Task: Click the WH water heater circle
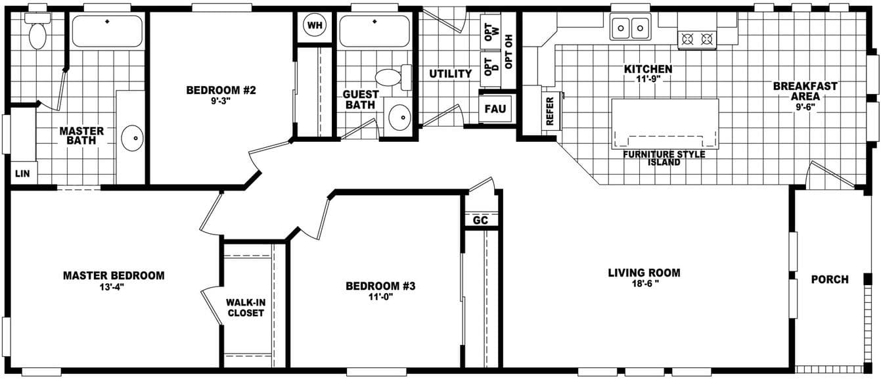coord(315,26)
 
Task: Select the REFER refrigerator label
coord(550,110)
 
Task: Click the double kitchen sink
coord(630,28)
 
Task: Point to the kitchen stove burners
coord(697,39)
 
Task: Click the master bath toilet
coord(37,33)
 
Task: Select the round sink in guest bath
coord(399,118)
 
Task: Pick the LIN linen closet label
coord(22,174)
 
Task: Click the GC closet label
coord(481,221)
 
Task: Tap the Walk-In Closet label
coord(245,308)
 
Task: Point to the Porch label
coord(829,279)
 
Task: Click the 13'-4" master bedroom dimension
coord(114,286)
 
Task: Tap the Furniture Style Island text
coord(664,158)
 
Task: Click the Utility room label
coord(450,74)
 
